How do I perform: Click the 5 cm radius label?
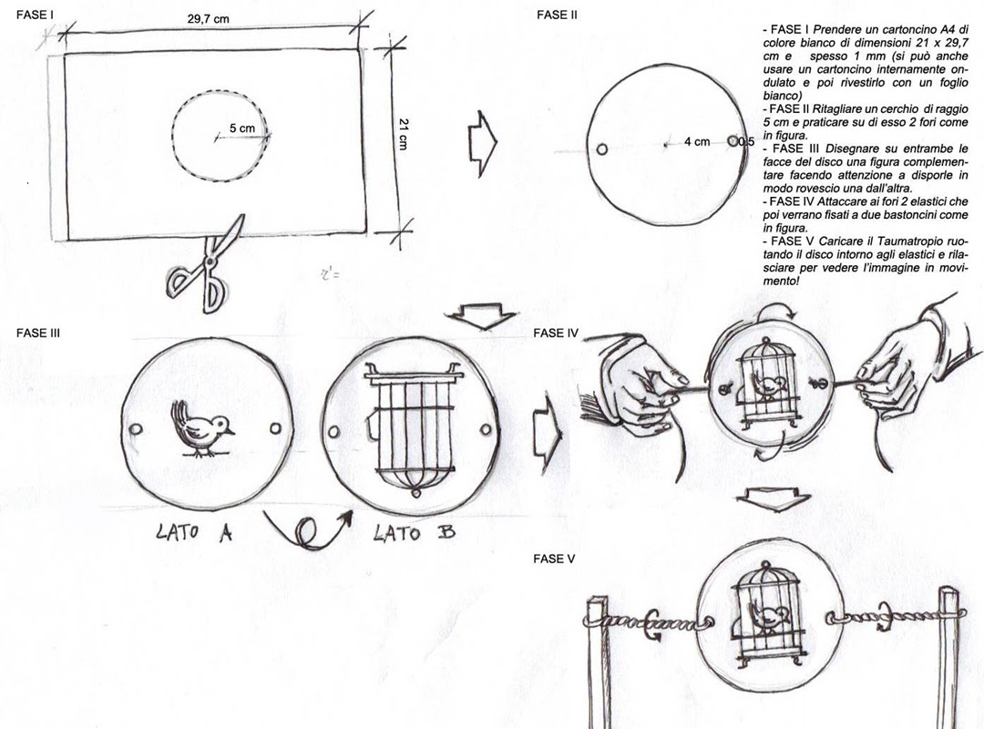pyautogui.click(x=242, y=128)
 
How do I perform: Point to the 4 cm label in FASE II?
pyautogui.click(x=697, y=142)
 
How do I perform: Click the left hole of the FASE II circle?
pyautogui.click(x=601, y=149)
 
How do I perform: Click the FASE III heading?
pyautogui.click(x=38, y=334)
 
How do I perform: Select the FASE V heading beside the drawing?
pyautogui.click(x=554, y=559)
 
